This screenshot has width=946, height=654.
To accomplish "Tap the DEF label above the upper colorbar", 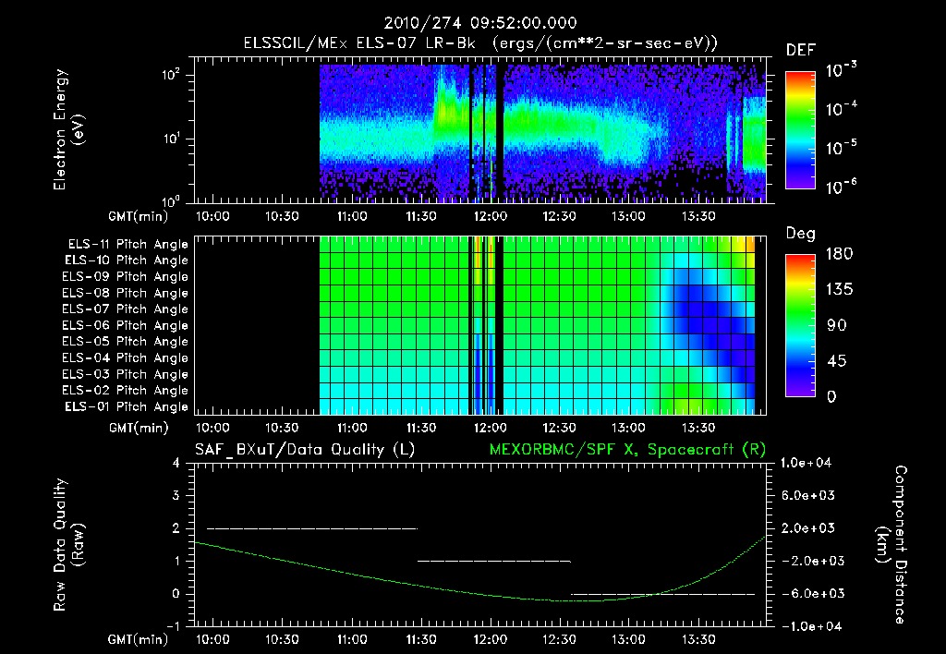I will tap(800, 50).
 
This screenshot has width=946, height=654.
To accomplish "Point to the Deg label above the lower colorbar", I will tap(800, 234).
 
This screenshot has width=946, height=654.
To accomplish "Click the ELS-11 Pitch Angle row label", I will tap(127, 245).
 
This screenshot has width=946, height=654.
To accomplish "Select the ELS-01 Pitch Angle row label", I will tap(127, 407).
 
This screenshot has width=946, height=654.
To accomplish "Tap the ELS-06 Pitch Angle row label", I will tap(127, 326).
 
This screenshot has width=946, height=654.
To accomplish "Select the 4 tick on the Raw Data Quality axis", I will tap(176, 463).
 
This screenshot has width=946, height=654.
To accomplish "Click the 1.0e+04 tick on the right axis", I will tap(808, 463).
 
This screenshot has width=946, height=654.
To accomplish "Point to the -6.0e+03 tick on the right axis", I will tap(808, 593).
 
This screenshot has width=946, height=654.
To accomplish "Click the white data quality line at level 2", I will tap(311, 528).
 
